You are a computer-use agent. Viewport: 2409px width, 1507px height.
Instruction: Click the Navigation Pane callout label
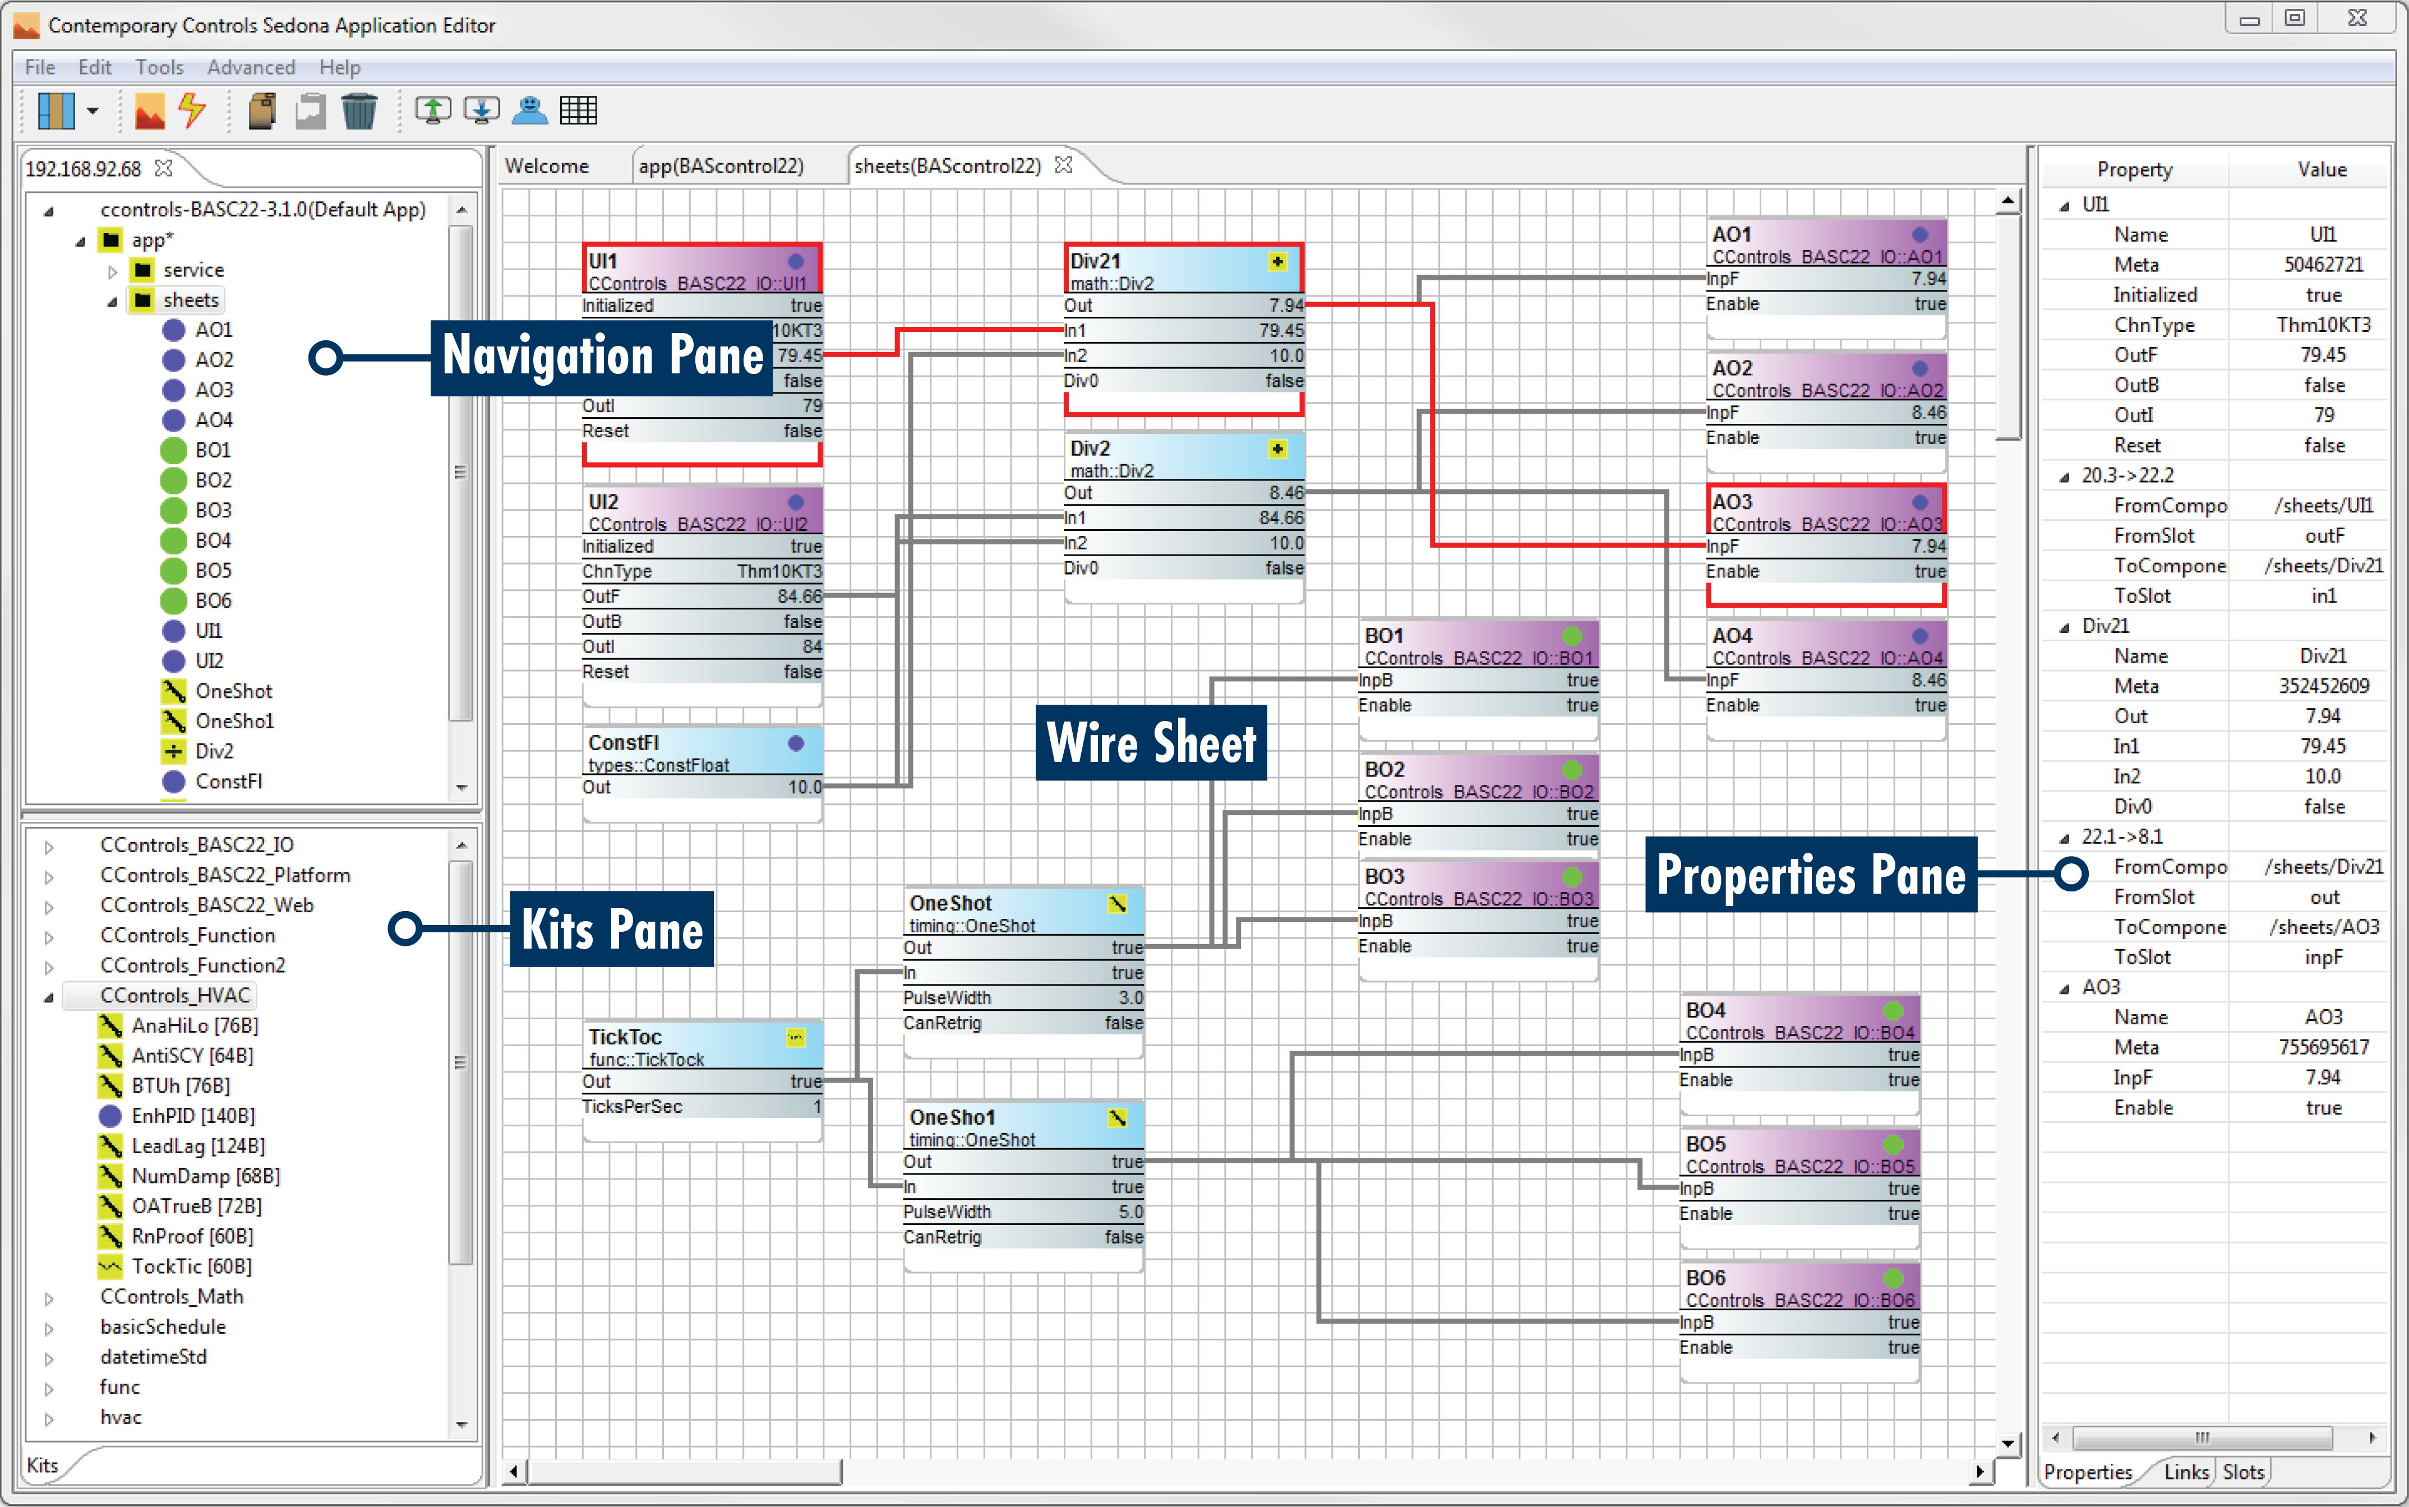[602, 357]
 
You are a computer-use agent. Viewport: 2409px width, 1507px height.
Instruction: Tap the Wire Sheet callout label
[1151, 742]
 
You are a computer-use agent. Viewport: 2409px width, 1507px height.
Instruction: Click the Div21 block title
[1095, 261]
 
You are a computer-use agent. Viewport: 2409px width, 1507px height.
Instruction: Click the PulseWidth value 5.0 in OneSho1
[1129, 1212]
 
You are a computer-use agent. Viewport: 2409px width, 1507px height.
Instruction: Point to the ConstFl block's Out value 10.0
[804, 787]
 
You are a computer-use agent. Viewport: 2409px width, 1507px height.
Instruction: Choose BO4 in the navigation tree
[213, 540]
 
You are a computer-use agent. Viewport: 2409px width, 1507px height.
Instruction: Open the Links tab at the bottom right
[2186, 1472]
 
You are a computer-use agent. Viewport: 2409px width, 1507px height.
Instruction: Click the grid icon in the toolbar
[578, 110]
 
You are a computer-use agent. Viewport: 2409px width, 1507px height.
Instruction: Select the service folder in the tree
[193, 270]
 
